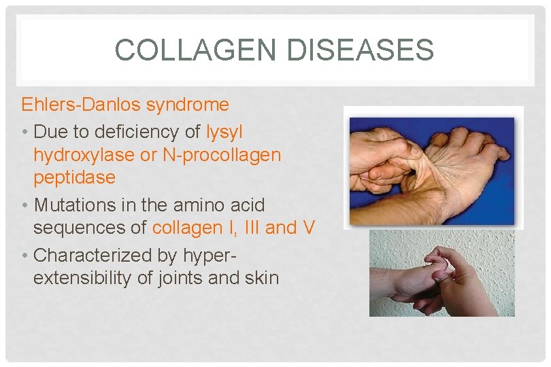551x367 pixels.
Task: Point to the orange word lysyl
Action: [224, 130]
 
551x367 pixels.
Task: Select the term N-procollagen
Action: [222, 155]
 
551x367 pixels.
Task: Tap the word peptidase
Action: [74, 178]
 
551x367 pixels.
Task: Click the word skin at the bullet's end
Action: [263, 278]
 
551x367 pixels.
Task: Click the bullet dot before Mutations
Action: [24, 205]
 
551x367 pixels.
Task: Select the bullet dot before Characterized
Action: [24, 256]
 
